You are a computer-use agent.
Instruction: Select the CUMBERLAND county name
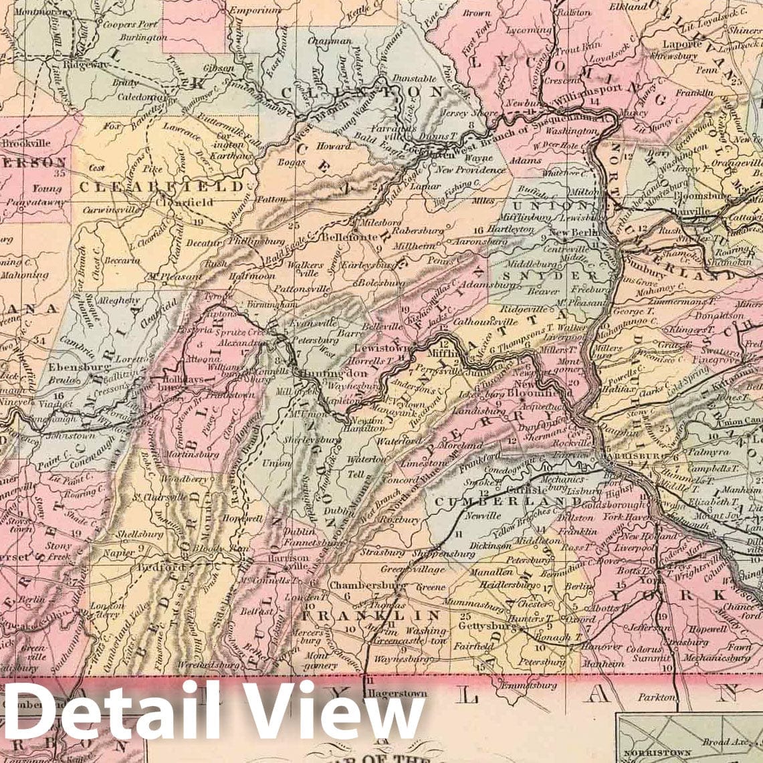coord(508,501)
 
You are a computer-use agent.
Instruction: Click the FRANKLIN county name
coord(371,615)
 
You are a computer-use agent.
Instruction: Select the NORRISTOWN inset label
coord(648,750)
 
